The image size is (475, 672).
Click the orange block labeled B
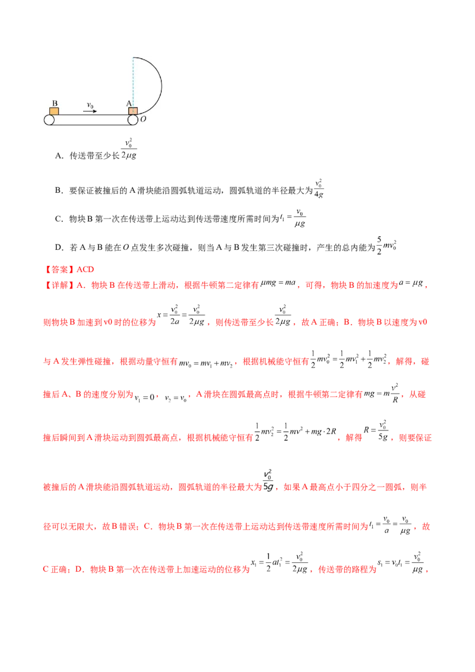click(54, 111)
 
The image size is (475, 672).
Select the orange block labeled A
click(132, 111)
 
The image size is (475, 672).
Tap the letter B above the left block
click(54, 103)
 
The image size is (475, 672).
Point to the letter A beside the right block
click(128, 103)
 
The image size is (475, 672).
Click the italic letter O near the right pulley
click(143, 119)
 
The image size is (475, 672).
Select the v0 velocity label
click(90, 105)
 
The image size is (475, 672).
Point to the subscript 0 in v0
click(93, 106)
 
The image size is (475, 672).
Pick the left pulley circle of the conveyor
click(49, 120)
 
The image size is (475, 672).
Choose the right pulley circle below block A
click(132, 120)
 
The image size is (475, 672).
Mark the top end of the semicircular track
click(134, 57)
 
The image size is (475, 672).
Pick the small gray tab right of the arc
click(164, 85)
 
